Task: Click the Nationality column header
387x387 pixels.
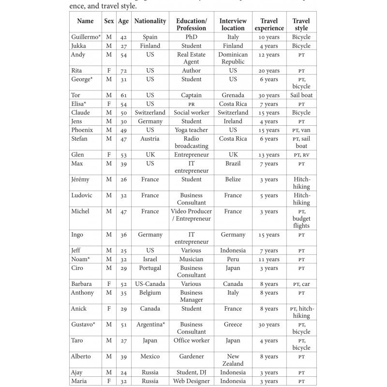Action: point(150,21)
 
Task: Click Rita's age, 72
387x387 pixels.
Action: point(123,71)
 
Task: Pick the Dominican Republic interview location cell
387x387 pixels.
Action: point(233,58)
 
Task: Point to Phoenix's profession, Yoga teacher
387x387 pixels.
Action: point(191,130)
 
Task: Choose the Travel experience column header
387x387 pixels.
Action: point(269,25)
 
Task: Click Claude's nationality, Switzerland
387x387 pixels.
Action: point(150,113)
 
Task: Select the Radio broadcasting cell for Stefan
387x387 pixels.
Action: point(191,142)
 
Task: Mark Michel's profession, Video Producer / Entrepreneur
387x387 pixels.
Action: point(191,215)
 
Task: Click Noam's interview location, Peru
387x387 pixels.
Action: point(233,259)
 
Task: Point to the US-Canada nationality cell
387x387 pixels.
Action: point(150,284)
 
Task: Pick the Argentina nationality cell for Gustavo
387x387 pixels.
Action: point(151,325)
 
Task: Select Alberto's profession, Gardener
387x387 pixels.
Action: point(191,357)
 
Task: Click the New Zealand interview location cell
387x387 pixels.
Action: point(233,360)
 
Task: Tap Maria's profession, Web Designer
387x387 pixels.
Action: point(191,381)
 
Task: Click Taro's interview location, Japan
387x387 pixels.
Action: point(233,341)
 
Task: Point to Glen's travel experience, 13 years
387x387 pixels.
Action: point(269,155)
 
